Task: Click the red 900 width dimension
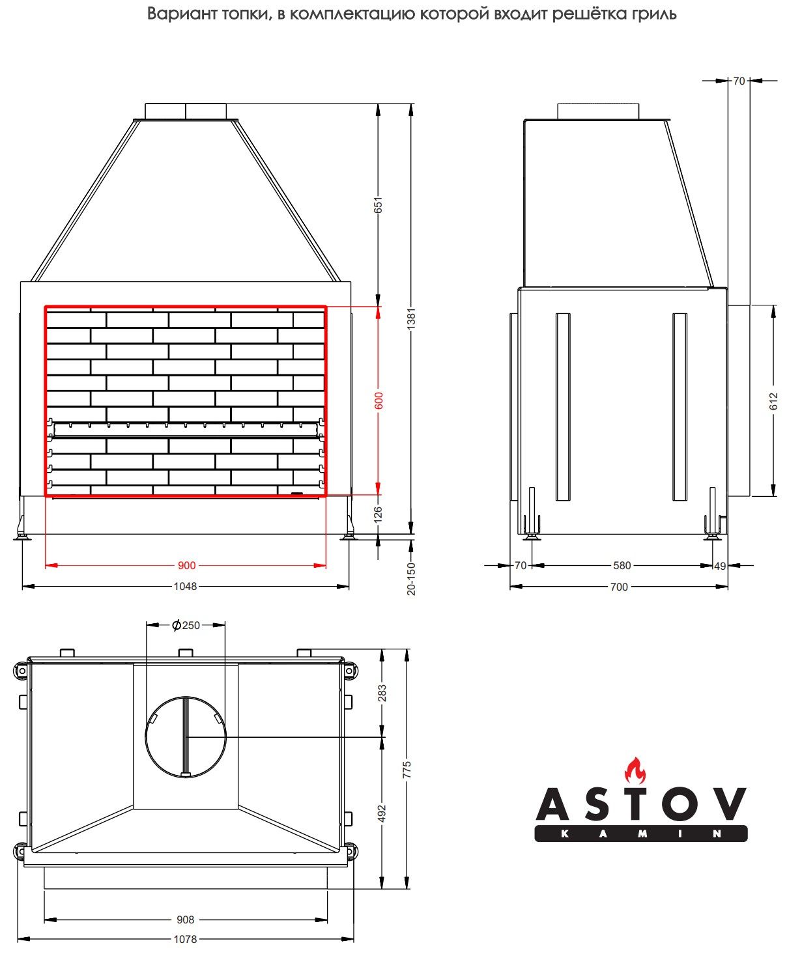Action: coord(186,566)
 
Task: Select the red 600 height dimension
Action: coord(379,400)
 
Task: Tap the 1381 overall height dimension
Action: coord(411,318)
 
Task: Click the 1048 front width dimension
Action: coord(185,586)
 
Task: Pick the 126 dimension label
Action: coord(378,514)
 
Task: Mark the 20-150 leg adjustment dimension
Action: coord(411,578)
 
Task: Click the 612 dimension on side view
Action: coord(773,401)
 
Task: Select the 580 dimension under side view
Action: coord(622,566)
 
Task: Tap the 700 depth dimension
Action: coord(620,587)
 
